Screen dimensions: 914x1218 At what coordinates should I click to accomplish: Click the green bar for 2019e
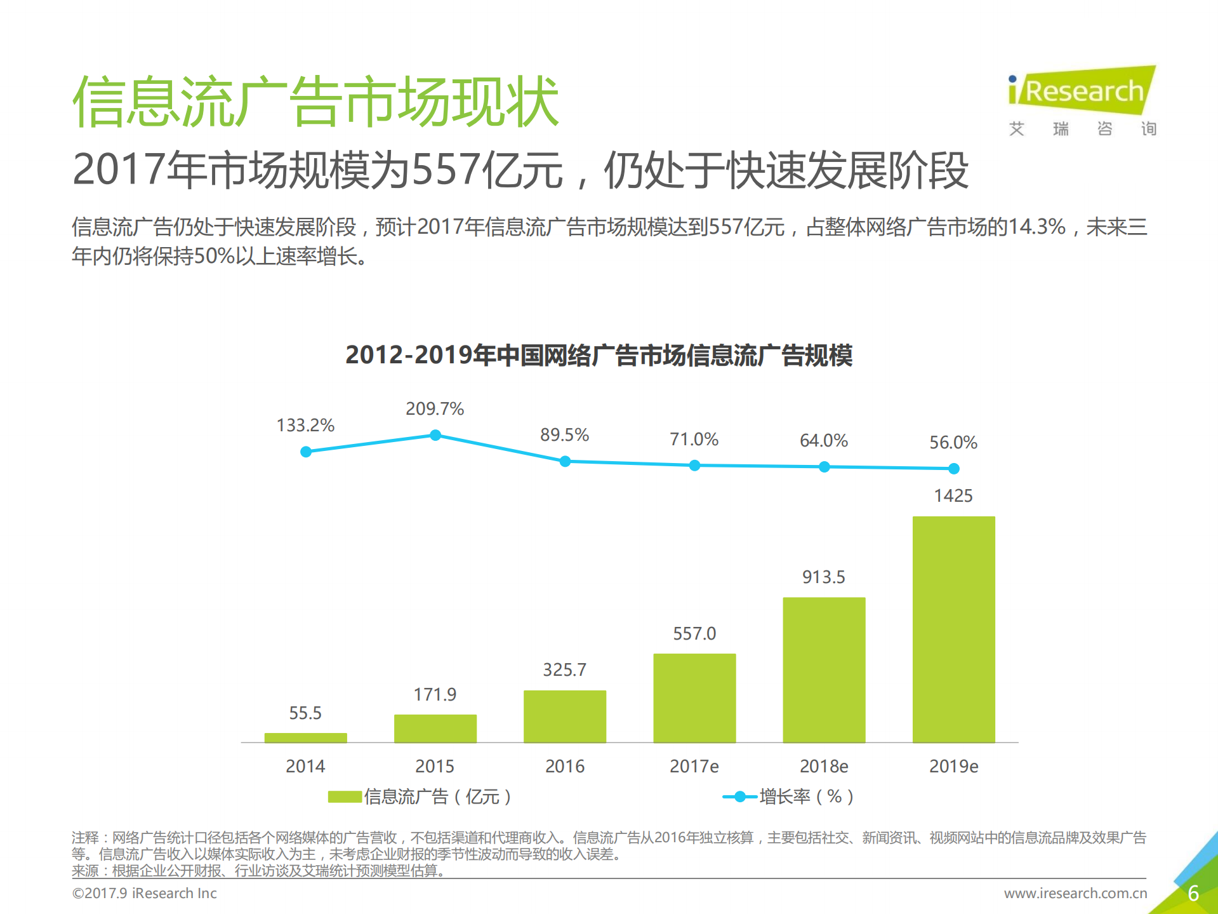click(953, 629)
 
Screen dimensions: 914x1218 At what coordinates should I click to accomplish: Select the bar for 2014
click(305, 737)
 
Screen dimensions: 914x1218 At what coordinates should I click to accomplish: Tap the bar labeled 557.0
click(694, 697)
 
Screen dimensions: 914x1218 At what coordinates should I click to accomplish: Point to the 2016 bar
click(564, 716)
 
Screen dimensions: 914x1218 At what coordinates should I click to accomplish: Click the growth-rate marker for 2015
click(435, 435)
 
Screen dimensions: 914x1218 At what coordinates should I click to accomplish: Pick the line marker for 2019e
click(953, 469)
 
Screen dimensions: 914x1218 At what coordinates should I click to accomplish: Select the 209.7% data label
click(435, 408)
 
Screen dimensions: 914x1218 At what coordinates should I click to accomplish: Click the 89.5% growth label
click(564, 435)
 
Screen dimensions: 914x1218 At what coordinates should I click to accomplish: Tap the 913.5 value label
click(823, 577)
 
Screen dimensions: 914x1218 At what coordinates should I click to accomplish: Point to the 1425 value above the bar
click(953, 495)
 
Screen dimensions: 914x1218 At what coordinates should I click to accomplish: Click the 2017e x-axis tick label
click(694, 766)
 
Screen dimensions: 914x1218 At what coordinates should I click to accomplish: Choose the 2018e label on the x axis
click(823, 766)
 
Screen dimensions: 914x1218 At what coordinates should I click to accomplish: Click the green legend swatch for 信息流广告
click(345, 796)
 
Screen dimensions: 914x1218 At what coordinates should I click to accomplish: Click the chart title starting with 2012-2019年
click(599, 355)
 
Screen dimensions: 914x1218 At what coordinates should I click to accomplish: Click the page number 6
click(1193, 893)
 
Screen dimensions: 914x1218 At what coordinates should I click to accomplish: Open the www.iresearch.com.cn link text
click(1075, 893)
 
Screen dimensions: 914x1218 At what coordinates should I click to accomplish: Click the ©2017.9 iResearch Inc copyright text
click(145, 893)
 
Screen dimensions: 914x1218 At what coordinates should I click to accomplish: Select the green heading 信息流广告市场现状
click(315, 102)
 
